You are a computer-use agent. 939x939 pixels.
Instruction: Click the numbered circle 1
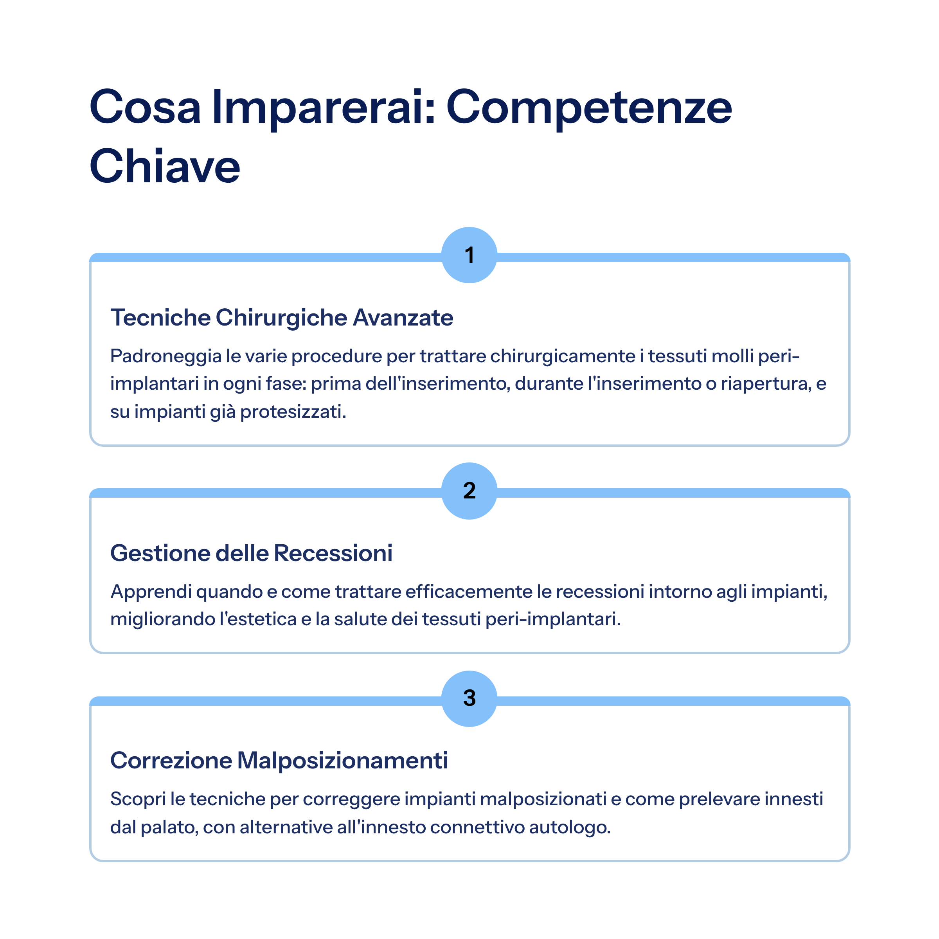(469, 255)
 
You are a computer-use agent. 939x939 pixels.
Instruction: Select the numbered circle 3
(469, 698)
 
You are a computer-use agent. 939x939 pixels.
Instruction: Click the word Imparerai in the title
(323, 108)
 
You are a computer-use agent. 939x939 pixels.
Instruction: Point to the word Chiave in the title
(165, 166)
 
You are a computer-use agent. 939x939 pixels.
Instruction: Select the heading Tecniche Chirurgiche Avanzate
(282, 317)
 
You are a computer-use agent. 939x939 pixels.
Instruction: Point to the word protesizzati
(293, 412)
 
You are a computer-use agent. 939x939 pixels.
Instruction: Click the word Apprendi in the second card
(151, 592)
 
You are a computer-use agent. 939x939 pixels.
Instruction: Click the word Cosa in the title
(145, 108)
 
